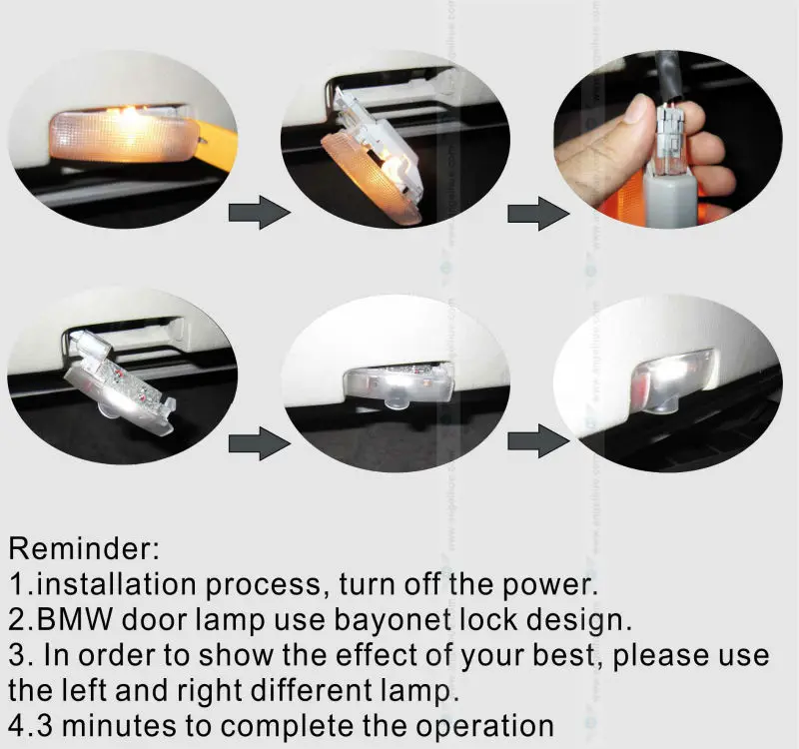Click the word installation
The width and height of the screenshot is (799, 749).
click(117, 584)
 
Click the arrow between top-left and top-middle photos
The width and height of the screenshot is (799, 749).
click(259, 212)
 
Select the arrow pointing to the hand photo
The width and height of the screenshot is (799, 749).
click(538, 213)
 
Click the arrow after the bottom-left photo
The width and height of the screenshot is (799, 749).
click(259, 443)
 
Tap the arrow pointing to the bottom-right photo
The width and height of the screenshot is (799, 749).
click(538, 440)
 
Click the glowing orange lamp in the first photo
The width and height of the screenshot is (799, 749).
click(122, 135)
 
